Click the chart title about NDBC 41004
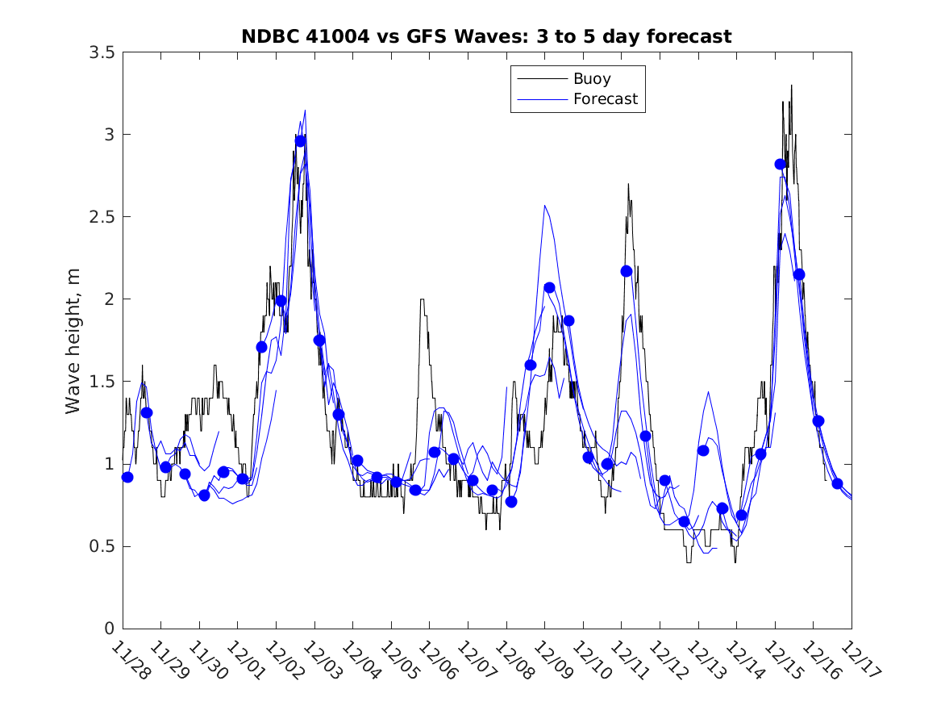click(x=486, y=36)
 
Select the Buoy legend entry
click(x=592, y=79)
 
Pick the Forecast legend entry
click(x=605, y=99)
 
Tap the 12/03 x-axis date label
click(x=321, y=660)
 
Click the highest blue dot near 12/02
click(x=300, y=141)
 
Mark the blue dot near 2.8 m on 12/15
click(x=780, y=164)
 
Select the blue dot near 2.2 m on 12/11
click(x=627, y=271)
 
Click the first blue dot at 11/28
click(x=127, y=477)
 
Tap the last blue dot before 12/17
click(x=837, y=483)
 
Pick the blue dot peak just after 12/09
click(x=549, y=287)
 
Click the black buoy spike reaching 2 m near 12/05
click(x=422, y=300)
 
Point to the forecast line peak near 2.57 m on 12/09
click(x=545, y=206)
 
